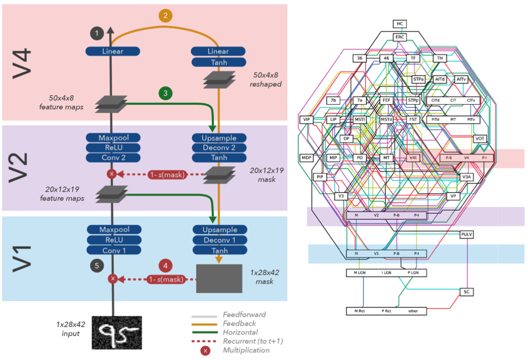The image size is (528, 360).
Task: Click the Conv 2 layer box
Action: coord(113,157)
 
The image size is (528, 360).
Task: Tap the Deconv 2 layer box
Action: coord(219,148)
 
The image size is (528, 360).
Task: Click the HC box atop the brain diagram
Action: coord(400,24)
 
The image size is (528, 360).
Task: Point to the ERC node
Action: coord(400,37)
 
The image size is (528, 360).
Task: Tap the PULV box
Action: coord(466,234)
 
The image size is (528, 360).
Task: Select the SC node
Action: coord(466,292)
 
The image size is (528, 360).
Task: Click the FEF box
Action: coord(387,101)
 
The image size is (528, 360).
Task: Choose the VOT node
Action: coord(480,138)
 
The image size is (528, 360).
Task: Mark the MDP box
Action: coord(306,157)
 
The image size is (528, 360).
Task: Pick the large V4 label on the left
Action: coord(22,63)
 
